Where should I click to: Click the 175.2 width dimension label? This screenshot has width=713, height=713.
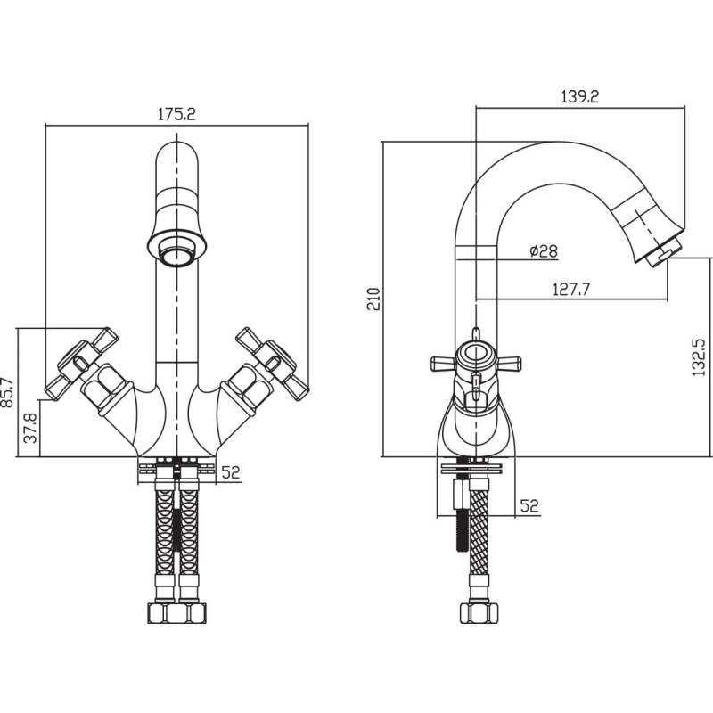point(176,114)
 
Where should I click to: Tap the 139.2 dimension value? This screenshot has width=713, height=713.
point(580,96)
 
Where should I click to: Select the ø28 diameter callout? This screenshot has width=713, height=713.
point(544,251)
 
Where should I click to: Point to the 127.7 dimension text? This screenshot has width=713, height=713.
point(571,289)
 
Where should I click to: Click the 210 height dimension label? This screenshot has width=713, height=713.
point(373,299)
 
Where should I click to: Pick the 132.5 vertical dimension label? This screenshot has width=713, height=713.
point(699,357)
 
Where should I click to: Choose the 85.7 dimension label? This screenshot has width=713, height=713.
point(8,392)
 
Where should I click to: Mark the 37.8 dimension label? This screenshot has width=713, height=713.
point(30,428)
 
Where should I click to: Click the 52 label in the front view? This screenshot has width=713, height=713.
point(230,472)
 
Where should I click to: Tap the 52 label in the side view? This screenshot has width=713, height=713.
point(529,505)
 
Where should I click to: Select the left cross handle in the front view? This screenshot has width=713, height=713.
point(83,364)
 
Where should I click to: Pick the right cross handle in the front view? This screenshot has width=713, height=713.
point(273,365)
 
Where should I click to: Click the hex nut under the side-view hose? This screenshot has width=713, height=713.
point(479,614)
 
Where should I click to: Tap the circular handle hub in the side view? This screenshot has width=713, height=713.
point(476,354)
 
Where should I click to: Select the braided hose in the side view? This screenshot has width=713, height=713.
point(479,531)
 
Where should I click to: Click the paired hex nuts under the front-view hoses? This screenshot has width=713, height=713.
point(176,613)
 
